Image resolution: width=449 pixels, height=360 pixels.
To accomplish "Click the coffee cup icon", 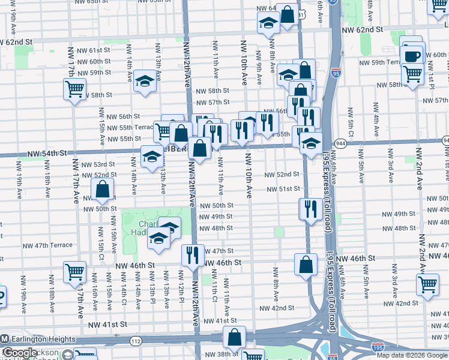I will (412, 56).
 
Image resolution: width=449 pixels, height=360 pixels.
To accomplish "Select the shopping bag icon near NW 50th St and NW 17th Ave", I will (103, 190).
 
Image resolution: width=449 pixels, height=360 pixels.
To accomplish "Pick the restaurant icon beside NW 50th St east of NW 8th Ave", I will (310, 209).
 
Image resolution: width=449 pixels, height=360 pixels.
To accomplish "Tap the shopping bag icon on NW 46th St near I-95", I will (306, 264).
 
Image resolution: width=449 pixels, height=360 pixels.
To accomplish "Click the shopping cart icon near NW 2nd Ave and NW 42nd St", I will (428, 284).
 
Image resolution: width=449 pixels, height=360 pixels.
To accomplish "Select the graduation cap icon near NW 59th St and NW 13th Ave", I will (144, 81).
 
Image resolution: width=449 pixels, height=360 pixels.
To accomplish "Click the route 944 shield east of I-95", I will (341, 143).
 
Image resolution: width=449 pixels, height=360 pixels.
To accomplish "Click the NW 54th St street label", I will (46, 155).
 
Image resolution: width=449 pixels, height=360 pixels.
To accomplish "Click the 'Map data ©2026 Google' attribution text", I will (412, 355).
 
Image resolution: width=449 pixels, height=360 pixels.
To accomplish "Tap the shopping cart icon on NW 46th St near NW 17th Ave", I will (74, 272).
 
